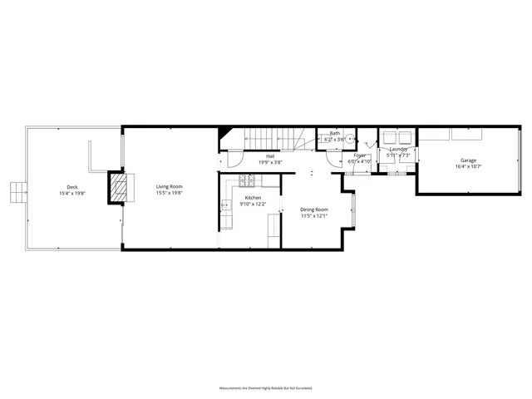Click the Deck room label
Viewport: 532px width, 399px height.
tap(73, 187)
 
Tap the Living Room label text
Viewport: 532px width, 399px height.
tap(170, 187)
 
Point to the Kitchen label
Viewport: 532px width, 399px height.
tap(253, 198)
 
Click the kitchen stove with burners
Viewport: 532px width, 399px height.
tap(247, 180)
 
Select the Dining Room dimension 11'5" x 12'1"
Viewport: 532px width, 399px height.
tap(314, 216)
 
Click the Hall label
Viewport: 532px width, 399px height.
tap(270, 156)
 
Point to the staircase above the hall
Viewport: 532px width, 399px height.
tap(270, 140)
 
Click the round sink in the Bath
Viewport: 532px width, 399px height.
tap(351, 140)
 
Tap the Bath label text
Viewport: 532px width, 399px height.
tap(335, 133)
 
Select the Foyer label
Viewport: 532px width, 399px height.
tap(360, 155)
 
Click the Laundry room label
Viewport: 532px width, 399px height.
tap(399, 150)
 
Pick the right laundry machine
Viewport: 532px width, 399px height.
tap(406, 139)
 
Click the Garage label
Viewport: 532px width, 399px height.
tap(469, 160)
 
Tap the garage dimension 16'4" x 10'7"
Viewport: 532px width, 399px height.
tap(469, 167)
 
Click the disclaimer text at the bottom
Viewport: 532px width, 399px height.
tap(266, 388)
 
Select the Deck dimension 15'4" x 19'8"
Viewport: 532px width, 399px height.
tap(73, 194)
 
